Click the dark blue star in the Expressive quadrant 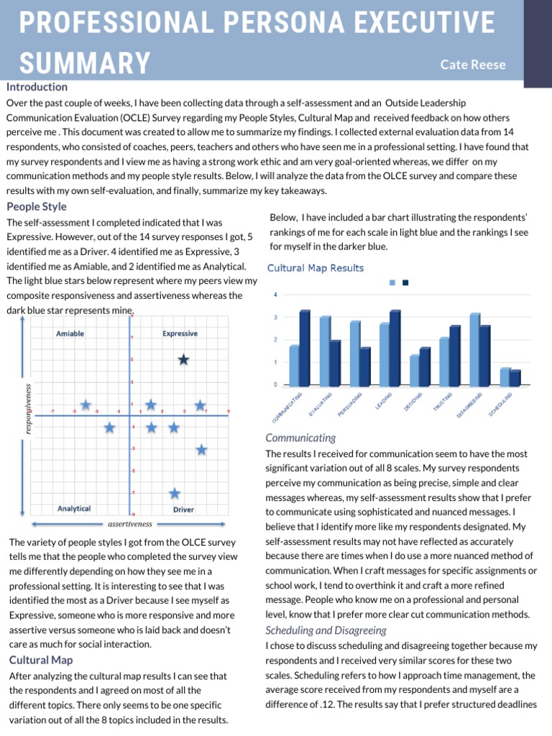click(183, 359)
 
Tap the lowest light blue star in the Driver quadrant click(175, 493)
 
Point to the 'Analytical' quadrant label click(74, 509)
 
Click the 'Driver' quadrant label click(183, 510)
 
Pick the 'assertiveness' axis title click(130, 524)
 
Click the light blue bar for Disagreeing click(474, 349)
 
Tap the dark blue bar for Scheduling click(515, 377)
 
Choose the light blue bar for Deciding click(414, 370)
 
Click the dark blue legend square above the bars click(405, 282)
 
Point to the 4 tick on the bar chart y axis click(276, 294)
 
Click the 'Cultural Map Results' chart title click(316, 268)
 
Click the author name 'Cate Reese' click(473, 65)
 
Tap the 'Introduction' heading click(37, 87)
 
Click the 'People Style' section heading click(36, 206)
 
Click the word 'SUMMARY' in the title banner click(85, 63)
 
